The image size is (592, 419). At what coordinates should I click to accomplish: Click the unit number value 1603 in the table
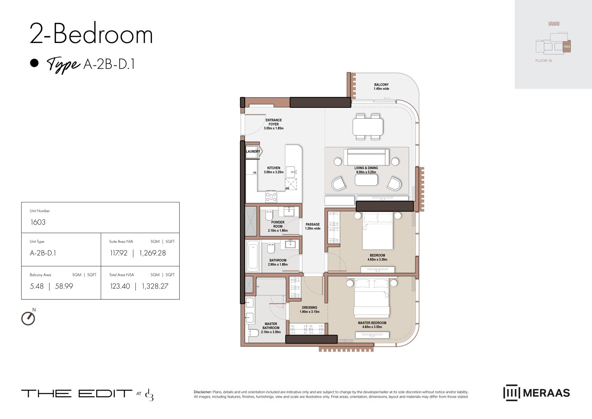coord(38,222)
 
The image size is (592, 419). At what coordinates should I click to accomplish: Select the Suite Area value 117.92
coord(119,253)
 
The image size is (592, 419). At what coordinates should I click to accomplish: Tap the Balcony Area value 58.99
coord(64,286)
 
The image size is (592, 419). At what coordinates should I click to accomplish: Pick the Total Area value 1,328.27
coord(155,286)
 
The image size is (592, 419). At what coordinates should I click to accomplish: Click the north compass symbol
coord(28,318)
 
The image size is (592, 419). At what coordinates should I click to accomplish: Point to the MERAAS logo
coord(536,393)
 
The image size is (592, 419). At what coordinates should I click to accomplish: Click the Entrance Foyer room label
coord(274,124)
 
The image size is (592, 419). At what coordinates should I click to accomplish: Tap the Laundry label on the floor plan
coord(253,152)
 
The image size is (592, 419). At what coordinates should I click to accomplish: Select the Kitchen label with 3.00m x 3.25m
coord(274,170)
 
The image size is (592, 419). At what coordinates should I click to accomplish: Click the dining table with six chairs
coord(368,127)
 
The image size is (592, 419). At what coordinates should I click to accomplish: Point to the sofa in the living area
coord(366,157)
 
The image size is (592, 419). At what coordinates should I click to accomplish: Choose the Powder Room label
coord(278,226)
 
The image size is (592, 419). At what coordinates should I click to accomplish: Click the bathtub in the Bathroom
coord(253,256)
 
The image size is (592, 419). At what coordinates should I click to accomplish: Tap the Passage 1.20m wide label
coord(313,226)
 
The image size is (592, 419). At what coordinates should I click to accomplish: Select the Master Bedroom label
coord(372,325)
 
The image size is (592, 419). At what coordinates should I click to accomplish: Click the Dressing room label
coord(309,309)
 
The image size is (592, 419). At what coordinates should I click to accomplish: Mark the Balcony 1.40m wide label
coord(381,86)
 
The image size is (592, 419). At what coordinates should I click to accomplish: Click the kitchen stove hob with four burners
coord(271,196)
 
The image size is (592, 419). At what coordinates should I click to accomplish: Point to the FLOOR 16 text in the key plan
coord(543,61)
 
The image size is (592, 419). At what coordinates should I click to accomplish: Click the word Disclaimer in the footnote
coord(202,392)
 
